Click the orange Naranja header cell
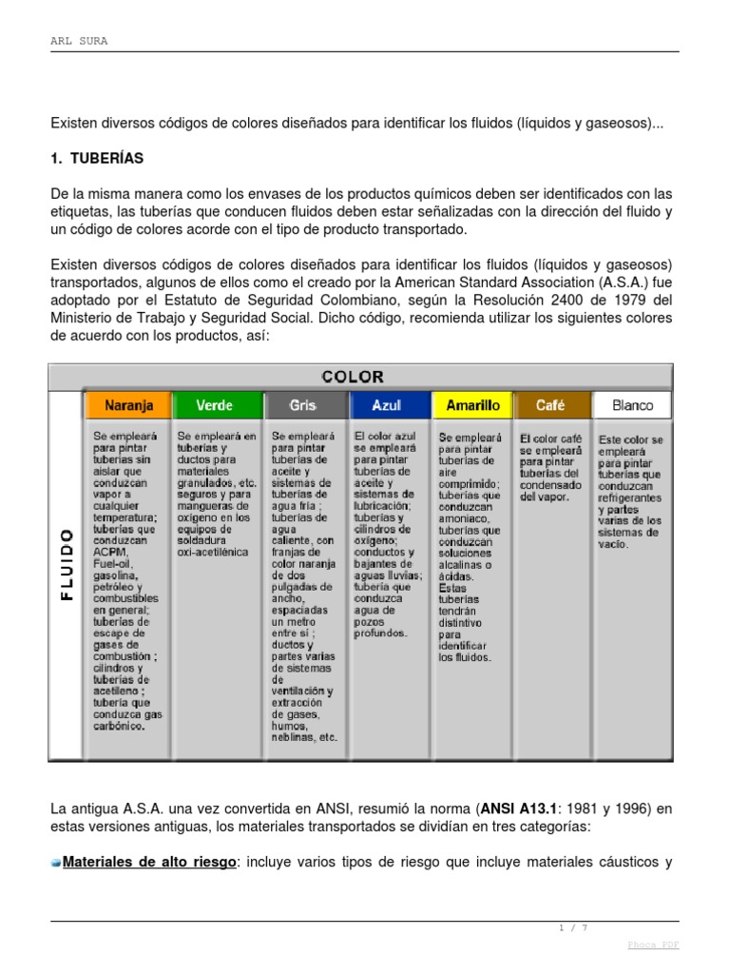click(x=128, y=405)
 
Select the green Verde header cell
click(x=215, y=405)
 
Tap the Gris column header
click(x=303, y=405)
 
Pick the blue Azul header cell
click(x=387, y=405)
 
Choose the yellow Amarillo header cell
click(x=472, y=405)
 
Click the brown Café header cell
click(x=550, y=405)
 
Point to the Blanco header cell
click(x=632, y=405)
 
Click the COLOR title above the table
click(x=353, y=377)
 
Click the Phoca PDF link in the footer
click(x=654, y=945)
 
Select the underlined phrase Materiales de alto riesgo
click(x=148, y=863)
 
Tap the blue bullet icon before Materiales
click(x=56, y=863)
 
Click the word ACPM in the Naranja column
click(x=110, y=552)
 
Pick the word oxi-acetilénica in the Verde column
click(x=212, y=552)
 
